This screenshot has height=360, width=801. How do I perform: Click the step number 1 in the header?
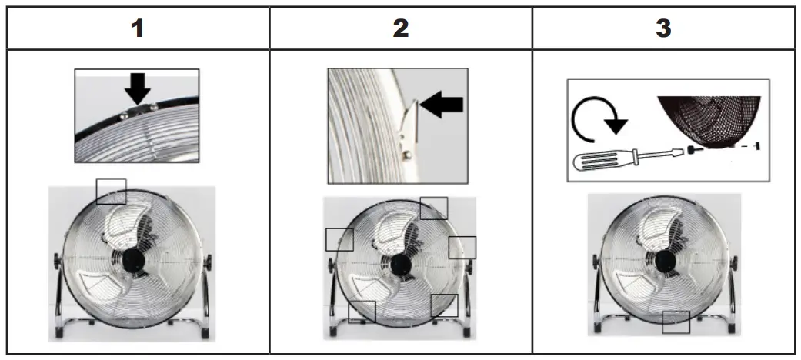pos(137,29)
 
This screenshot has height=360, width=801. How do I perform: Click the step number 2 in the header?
pos(400,29)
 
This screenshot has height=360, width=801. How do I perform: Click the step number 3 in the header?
pos(663,29)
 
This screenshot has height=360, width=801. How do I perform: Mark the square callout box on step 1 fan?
pos(111,191)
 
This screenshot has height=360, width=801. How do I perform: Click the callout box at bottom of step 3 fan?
pos(676,322)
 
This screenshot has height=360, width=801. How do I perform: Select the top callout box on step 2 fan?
pos(434,208)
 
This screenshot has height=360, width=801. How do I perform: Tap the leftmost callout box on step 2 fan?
pos(339,239)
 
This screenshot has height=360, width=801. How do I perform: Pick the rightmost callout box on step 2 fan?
pos(462,247)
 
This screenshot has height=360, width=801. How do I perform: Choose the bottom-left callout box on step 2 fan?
pos(362,312)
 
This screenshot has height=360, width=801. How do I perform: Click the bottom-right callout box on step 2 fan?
pos(444,305)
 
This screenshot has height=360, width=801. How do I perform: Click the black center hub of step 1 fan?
pos(131,262)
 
